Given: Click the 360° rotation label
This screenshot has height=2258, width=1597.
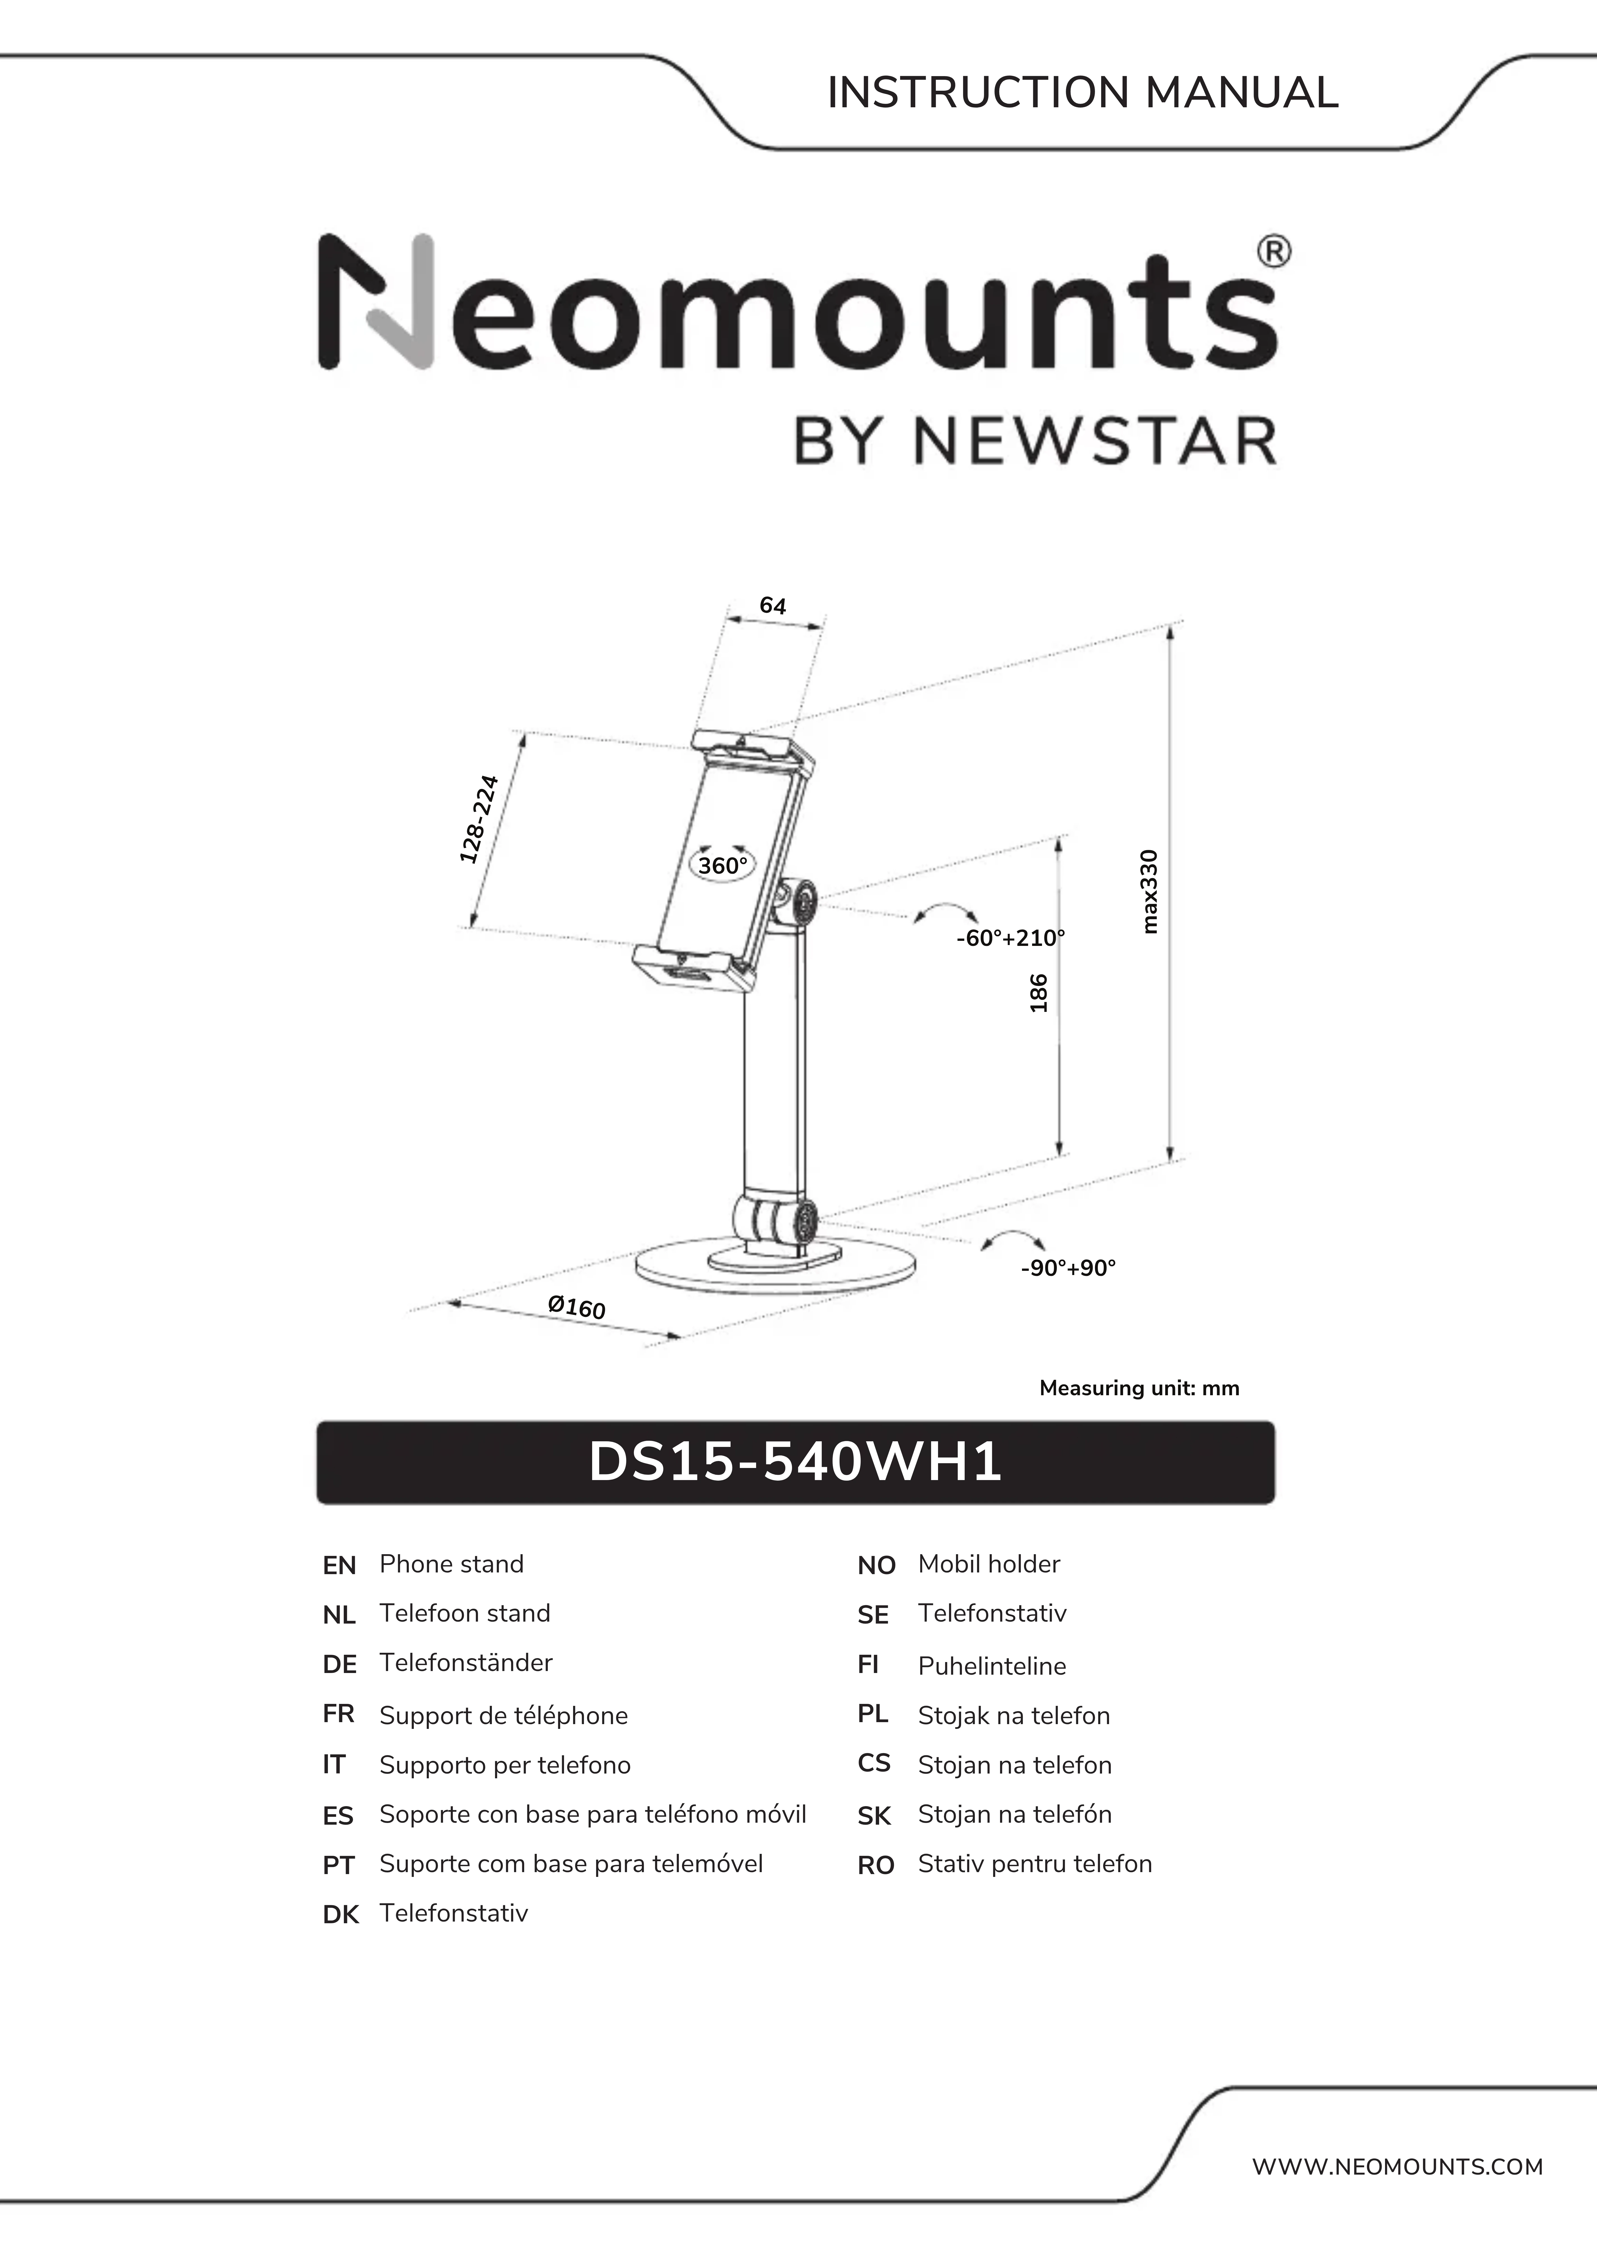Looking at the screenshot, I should pyautogui.click(x=723, y=866).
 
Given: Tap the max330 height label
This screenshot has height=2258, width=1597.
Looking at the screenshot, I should pyautogui.click(x=1149, y=892).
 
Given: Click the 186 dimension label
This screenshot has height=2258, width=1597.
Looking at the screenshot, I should pyautogui.click(x=1039, y=993).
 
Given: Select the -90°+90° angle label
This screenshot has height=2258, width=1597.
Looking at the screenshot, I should pyautogui.click(x=1068, y=1268).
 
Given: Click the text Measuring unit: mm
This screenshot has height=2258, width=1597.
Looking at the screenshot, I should pyautogui.click(x=1139, y=1389).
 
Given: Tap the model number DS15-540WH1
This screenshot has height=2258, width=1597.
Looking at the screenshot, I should pyautogui.click(x=795, y=1462).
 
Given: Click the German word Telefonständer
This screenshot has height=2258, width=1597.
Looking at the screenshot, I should pyautogui.click(x=466, y=1663).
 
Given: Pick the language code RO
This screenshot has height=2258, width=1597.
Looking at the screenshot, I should pyautogui.click(x=875, y=1866).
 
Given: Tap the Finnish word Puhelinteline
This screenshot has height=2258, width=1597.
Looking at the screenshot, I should pyautogui.click(x=991, y=1666).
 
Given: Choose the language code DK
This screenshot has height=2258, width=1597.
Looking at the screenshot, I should pyautogui.click(x=340, y=1915).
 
